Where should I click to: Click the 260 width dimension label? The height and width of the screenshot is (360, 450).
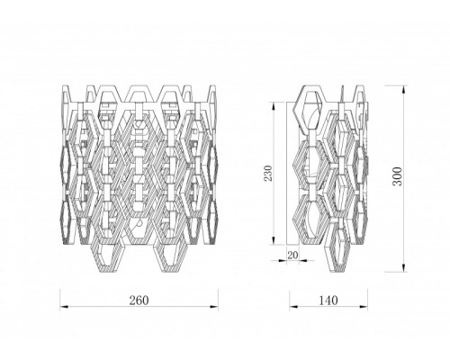coord(139,300)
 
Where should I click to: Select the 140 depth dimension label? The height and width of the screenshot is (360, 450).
coord(328,300)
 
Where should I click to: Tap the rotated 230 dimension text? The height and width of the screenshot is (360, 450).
coord(268,173)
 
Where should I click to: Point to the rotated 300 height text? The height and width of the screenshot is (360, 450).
coord(397,176)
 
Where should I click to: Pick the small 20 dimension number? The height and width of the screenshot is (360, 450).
coord(293,255)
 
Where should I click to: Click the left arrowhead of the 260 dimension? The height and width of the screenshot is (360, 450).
coord(64,307)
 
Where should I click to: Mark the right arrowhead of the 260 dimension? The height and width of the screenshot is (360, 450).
coord(214,307)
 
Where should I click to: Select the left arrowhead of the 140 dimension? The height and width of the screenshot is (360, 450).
coord(293,307)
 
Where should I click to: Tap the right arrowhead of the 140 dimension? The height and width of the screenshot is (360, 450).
coord(364,307)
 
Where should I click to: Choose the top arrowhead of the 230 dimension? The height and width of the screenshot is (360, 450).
coord(274,106)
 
